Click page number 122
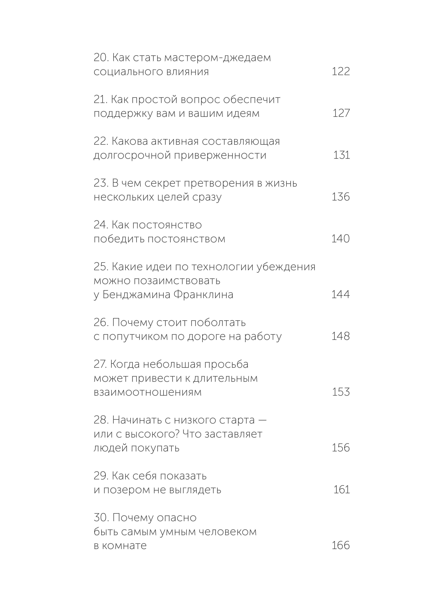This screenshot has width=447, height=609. (341, 72)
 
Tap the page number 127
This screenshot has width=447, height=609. (341, 113)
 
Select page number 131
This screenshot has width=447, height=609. (341, 155)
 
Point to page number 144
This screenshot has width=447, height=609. (341, 294)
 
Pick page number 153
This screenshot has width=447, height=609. (341, 392)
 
